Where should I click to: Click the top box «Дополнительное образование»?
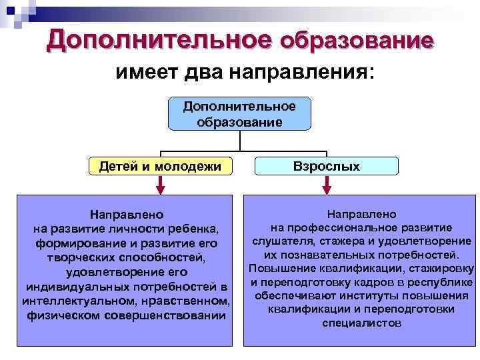239,113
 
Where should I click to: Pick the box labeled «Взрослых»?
327,166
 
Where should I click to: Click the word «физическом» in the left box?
63,315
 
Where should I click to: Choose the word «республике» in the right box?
443,282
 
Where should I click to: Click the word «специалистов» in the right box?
361,324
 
